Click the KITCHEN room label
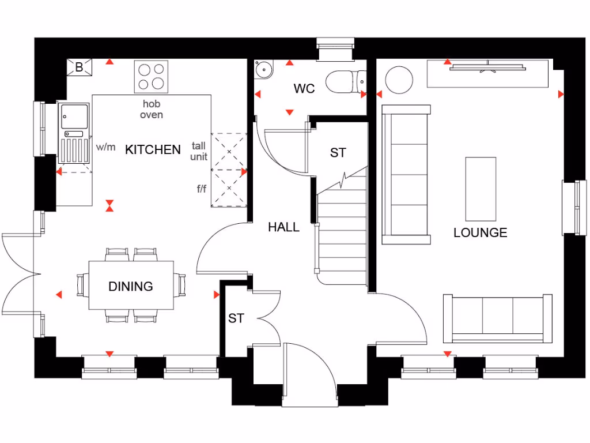point(153,150)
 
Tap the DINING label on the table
point(131,287)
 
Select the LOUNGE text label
point(480,233)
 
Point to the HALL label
point(283,227)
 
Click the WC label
point(304,89)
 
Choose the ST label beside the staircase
point(338,153)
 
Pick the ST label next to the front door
point(236,318)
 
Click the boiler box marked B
point(79,67)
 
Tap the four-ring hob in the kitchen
point(151,77)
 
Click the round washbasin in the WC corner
point(264,69)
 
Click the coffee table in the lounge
point(481,189)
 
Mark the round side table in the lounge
point(399,80)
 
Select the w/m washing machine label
point(105,147)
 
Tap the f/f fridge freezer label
point(201,189)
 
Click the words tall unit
point(199,152)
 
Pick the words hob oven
point(152,109)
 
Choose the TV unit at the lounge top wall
point(487,73)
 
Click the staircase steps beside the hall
point(342,236)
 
